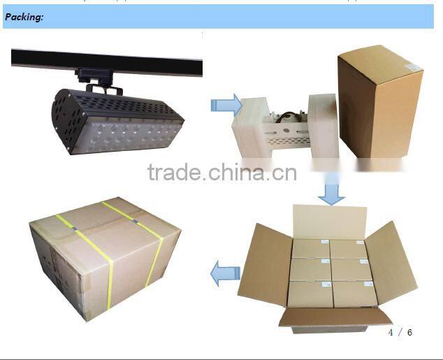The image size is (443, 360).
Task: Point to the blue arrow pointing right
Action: pos(225,106)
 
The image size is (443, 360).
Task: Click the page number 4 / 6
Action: pos(400,332)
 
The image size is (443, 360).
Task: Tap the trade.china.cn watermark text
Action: pos(222,172)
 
